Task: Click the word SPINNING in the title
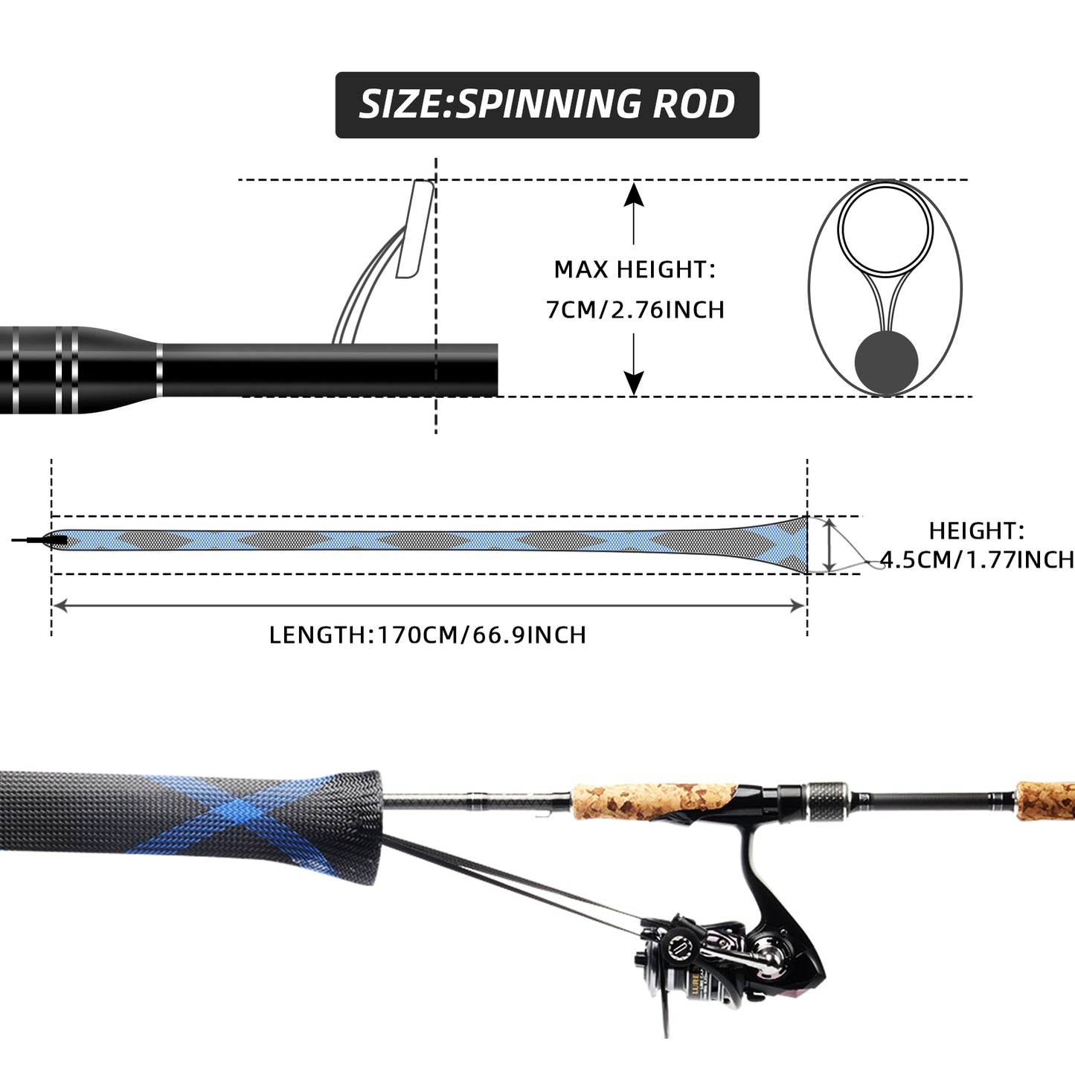(x=548, y=104)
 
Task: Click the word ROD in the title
(x=693, y=104)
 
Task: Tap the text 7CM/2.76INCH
(x=635, y=309)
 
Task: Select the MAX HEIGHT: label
(x=635, y=269)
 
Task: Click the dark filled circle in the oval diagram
(x=886, y=363)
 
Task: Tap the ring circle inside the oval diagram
(x=885, y=228)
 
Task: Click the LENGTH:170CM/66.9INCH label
(x=428, y=635)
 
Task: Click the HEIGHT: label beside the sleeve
(x=976, y=530)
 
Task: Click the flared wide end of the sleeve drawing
(x=789, y=545)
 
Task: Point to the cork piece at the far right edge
(x=1045, y=800)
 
